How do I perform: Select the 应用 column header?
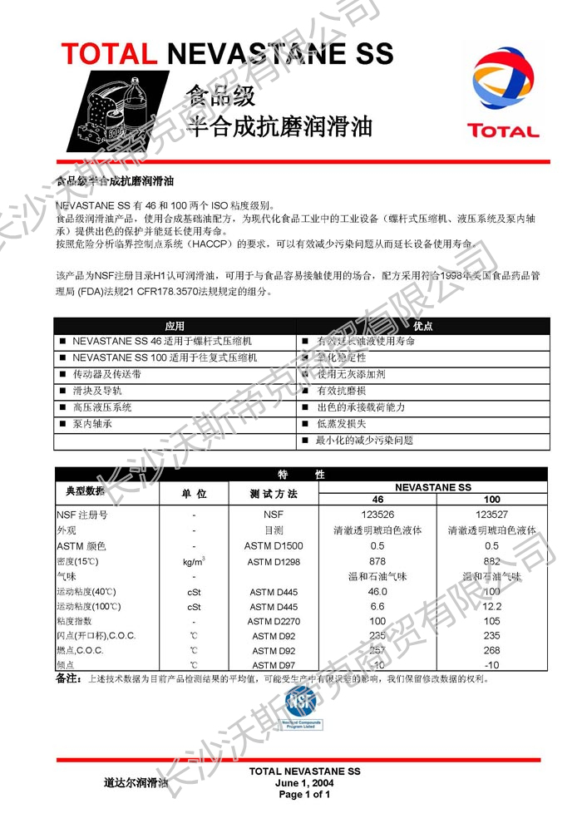click(x=174, y=326)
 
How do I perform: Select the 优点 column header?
click(x=422, y=326)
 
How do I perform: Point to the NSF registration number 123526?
click(x=377, y=515)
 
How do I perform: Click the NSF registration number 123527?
click(x=491, y=515)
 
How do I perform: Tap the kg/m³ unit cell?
click(x=193, y=562)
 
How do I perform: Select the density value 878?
click(x=377, y=562)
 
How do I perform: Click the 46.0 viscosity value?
click(x=377, y=592)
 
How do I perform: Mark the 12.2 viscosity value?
click(x=491, y=607)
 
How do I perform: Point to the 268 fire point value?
click(x=491, y=650)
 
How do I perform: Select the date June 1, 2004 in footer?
click(x=304, y=783)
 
